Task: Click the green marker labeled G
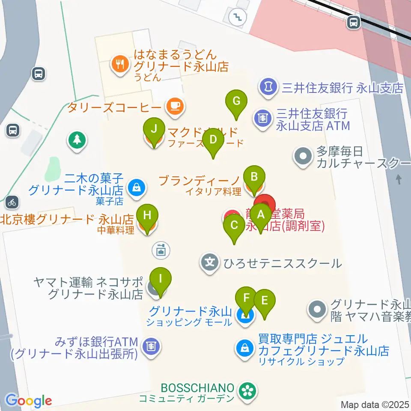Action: click(236, 102)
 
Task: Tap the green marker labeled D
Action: click(213, 140)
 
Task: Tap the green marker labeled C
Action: click(234, 225)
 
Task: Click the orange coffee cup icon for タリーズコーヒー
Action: click(174, 106)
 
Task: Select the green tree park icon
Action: click(77, 140)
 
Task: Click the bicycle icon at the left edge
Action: click(12, 201)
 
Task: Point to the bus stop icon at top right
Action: click(354, 22)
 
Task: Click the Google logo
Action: click(28, 400)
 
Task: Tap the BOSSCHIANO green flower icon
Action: click(247, 390)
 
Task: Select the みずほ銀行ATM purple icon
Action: click(151, 345)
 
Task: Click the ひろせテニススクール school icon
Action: click(210, 261)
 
